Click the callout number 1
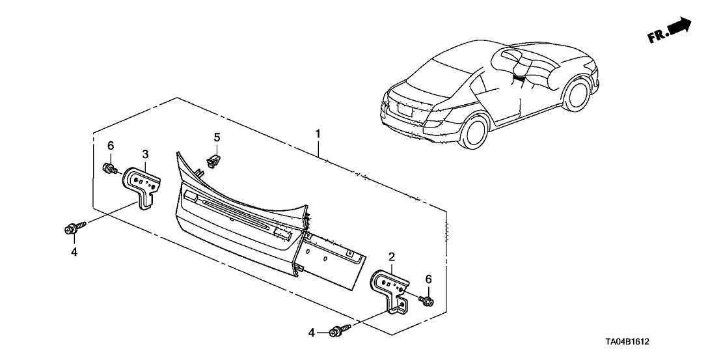pos(318,135)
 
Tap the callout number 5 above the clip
pos(217,137)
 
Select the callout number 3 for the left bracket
pos(146,154)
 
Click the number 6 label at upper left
pos(111,145)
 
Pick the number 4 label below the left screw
pos(74,251)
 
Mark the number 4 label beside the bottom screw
pos(312,333)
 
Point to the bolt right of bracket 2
pos(428,301)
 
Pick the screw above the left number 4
pos(72,228)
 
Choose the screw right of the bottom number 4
pos(339,330)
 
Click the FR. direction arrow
pos(670,31)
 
